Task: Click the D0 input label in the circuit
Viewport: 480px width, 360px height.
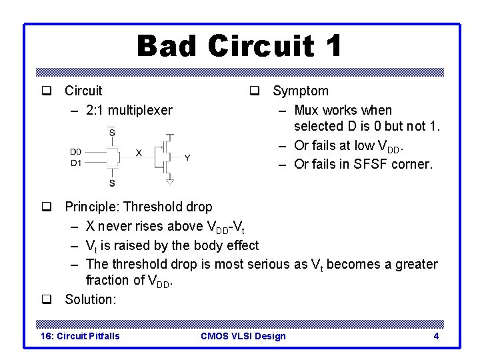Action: click(x=75, y=152)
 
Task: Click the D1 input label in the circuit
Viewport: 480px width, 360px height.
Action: click(x=75, y=162)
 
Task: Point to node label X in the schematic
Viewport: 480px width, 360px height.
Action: click(x=139, y=153)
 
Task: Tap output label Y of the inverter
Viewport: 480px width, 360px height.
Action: click(x=187, y=158)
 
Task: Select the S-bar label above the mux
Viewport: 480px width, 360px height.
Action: click(x=112, y=132)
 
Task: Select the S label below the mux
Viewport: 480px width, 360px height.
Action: click(x=112, y=183)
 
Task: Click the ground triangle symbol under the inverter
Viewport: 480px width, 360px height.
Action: click(x=170, y=181)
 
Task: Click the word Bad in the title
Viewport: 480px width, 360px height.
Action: click(x=168, y=46)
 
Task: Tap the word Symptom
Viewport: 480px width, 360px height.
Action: click(x=301, y=91)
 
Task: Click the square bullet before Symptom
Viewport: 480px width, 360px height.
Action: click(x=255, y=91)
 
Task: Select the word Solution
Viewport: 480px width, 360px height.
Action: click(x=90, y=299)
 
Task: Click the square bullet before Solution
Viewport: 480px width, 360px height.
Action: click(x=47, y=299)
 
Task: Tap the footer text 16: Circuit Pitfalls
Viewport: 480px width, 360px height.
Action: click(x=81, y=336)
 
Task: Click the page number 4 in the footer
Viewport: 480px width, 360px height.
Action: click(x=436, y=336)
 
